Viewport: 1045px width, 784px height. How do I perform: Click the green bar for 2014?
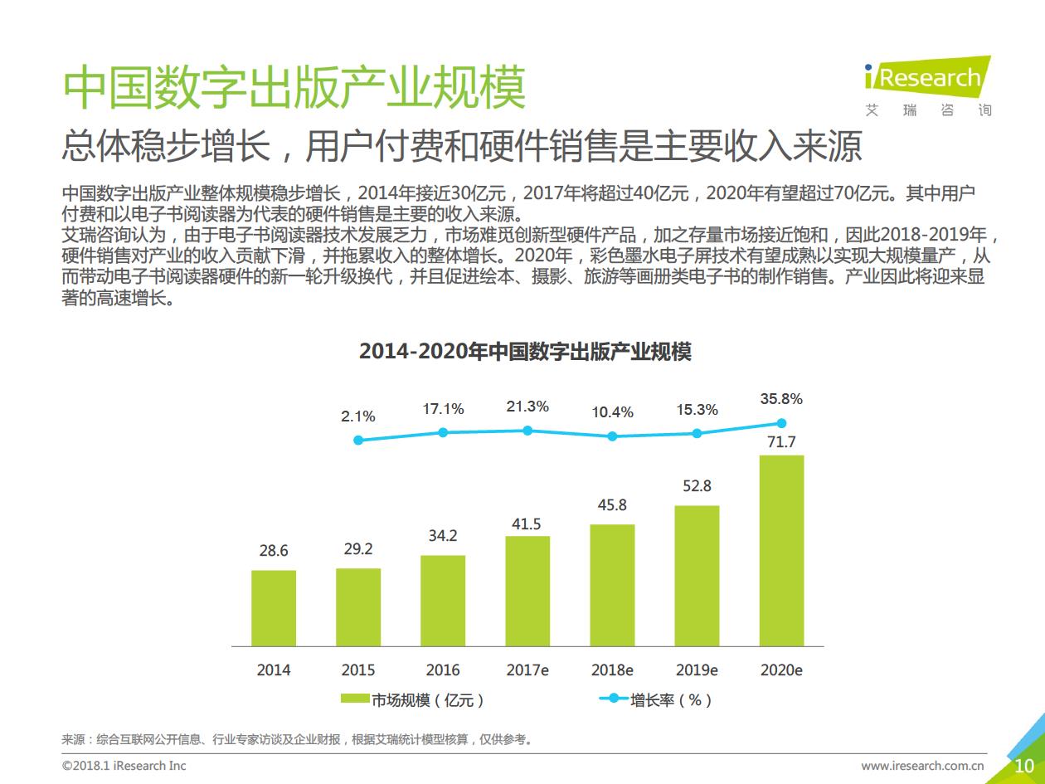(x=274, y=608)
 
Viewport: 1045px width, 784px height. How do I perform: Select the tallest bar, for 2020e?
(x=781, y=551)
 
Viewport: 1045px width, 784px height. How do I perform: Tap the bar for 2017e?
(x=527, y=591)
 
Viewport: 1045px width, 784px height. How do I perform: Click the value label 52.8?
(x=697, y=486)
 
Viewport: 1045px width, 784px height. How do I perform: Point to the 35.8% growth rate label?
(x=781, y=399)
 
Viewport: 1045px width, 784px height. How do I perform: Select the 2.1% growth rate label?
(x=358, y=416)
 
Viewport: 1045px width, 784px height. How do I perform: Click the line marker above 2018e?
(x=612, y=436)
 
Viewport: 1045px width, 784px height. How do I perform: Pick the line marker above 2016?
(x=443, y=432)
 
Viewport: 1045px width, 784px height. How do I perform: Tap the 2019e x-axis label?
(x=697, y=670)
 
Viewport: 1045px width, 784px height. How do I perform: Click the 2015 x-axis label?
(x=358, y=670)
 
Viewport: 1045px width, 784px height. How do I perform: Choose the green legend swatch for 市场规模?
(x=355, y=699)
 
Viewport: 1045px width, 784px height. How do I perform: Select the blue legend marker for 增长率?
(x=614, y=699)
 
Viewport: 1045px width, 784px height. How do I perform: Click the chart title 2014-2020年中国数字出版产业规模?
(x=524, y=351)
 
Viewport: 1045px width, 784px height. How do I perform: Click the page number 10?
(x=1024, y=765)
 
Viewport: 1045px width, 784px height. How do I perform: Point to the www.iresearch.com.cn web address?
(x=922, y=765)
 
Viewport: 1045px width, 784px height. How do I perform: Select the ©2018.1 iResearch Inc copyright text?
(x=124, y=765)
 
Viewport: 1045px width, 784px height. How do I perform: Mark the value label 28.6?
(x=274, y=551)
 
